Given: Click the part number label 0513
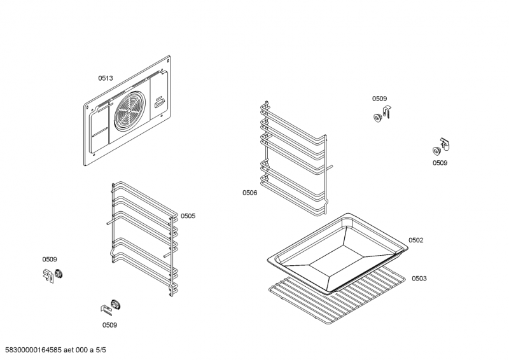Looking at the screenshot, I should [105, 78].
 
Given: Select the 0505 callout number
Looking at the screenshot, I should [188, 216].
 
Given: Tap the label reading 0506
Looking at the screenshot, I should [249, 193].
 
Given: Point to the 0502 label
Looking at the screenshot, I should [416, 240].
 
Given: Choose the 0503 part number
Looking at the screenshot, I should [419, 279].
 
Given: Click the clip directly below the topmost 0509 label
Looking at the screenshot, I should [381, 116].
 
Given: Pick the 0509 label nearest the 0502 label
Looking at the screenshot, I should [440, 163].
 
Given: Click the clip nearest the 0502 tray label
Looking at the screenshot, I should [440, 148].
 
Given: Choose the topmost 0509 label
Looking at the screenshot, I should [379, 99].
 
